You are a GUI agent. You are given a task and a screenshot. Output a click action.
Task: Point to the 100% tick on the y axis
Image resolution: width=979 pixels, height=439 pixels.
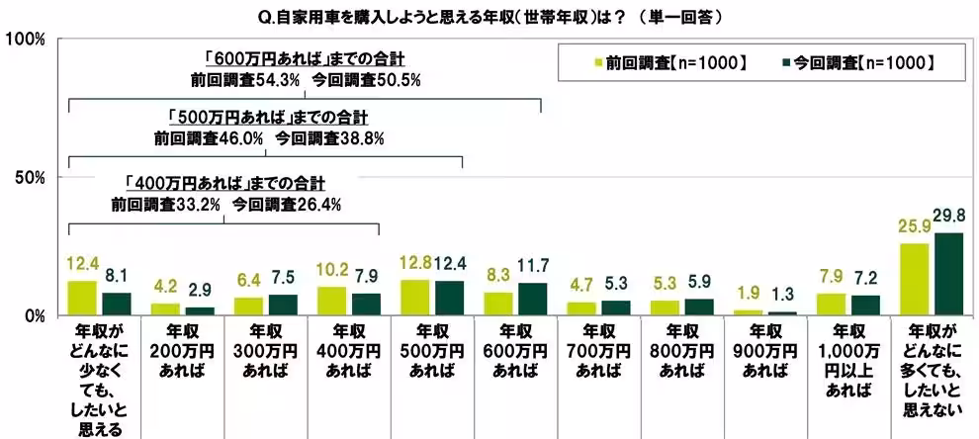pyautogui.click(x=27, y=40)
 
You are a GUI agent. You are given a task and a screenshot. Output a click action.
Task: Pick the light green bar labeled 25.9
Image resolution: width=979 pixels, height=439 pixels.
pyautogui.click(x=916, y=280)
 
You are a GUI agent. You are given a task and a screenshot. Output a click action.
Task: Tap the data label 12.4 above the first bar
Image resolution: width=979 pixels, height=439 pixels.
pyautogui.click(x=82, y=265)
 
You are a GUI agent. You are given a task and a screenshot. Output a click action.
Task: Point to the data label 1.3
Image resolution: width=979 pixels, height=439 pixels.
pyautogui.click(x=779, y=295)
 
